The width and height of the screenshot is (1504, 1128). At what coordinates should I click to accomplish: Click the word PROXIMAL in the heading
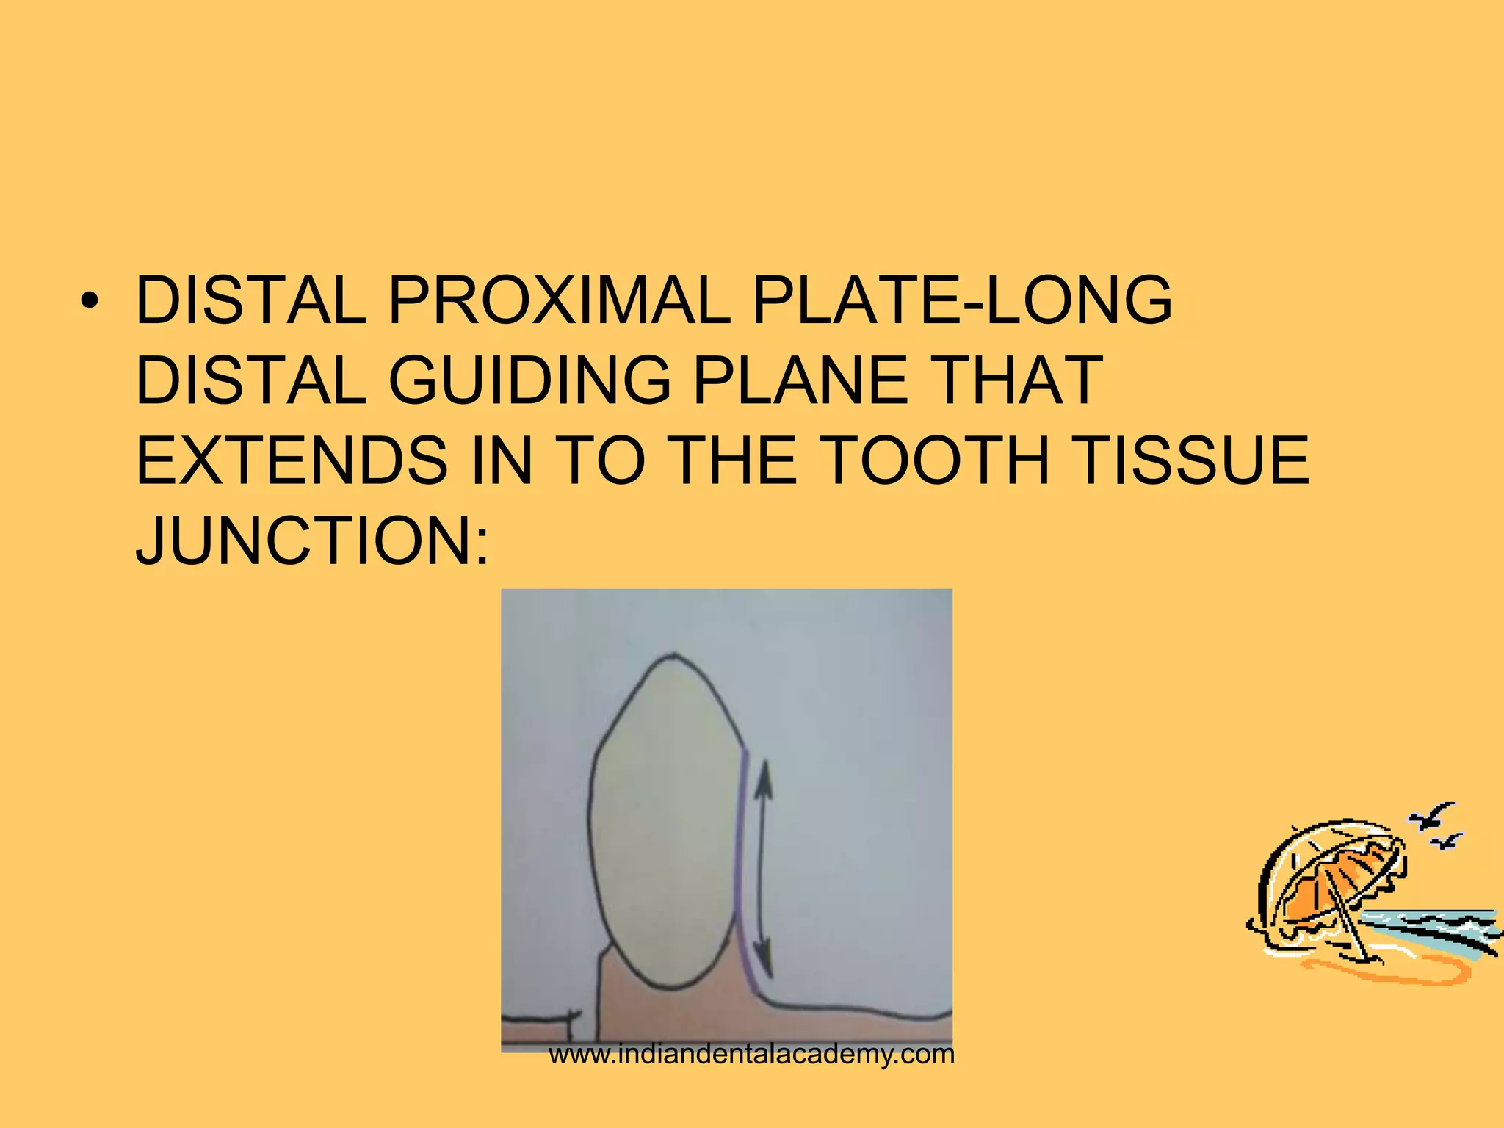tap(558, 300)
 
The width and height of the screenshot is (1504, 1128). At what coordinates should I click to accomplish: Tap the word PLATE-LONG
tap(962, 300)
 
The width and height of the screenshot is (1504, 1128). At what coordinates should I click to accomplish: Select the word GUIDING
tap(529, 380)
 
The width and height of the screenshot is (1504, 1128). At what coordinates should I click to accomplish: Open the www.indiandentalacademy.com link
tap(751, 1055)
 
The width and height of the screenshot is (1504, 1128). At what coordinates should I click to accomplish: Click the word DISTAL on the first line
tap(250, 300)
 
